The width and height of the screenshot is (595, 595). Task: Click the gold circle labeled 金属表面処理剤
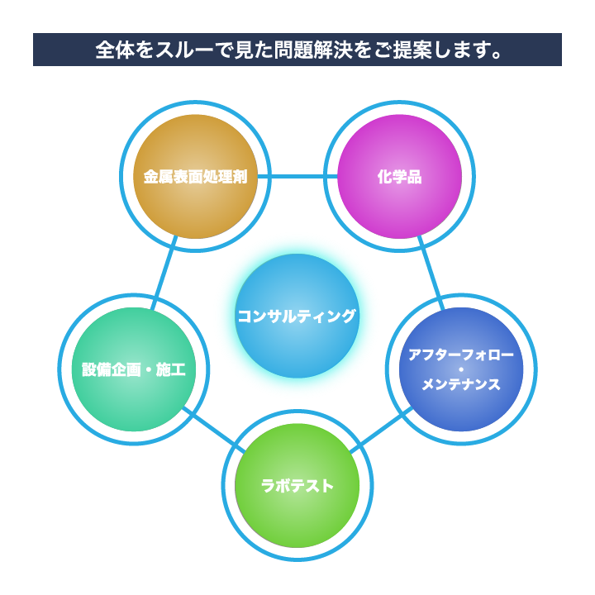point(195,177)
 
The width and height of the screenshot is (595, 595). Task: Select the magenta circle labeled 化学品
point(400,177)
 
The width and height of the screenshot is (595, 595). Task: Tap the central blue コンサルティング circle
point(297,316)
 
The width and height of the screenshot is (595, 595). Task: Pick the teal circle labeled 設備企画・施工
point(134,369)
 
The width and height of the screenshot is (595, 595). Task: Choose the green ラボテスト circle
point(297,486)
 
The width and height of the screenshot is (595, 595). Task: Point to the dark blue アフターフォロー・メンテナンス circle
point(461,369)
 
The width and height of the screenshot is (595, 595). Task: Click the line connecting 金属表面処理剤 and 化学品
point(297,177)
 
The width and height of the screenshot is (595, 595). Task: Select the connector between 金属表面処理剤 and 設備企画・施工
point(164,274)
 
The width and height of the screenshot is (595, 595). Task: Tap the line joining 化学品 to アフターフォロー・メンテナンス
point(431,274)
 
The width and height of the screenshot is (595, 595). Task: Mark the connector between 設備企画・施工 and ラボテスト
point(214,430)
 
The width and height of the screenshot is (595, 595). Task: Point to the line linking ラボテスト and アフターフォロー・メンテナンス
point(381,430)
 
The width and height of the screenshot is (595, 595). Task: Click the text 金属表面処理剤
point(195,177)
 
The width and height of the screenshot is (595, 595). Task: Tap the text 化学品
point(400,177)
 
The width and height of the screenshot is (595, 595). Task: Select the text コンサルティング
point(297,316)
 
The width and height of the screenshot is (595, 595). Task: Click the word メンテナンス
point(461,384)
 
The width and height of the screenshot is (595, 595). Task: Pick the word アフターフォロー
point(461,355)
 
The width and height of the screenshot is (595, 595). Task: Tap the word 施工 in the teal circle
point(171,369)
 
